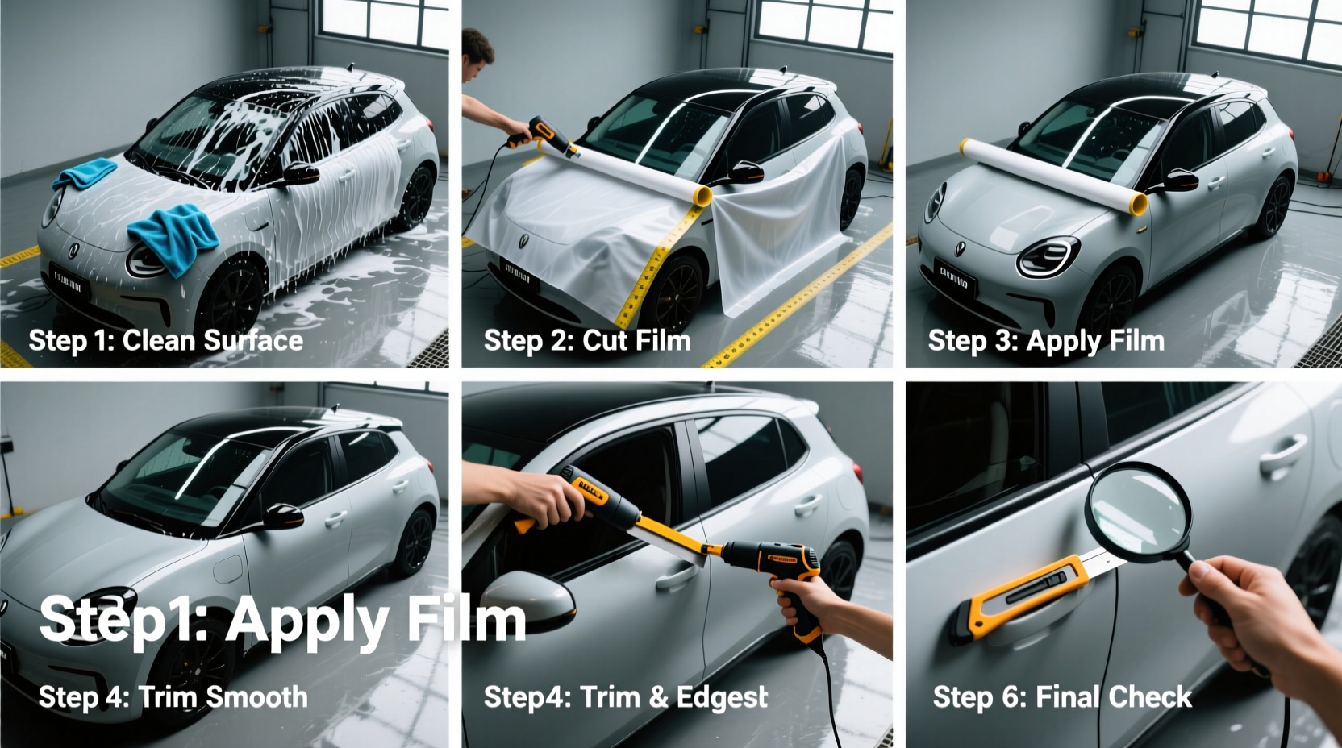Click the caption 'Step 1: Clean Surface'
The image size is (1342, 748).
pos(165,341)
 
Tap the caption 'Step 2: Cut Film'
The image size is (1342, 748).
pos(587,341)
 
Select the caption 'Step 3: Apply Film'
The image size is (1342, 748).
pos(1045,341)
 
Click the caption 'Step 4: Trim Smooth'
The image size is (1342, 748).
pos(173,697)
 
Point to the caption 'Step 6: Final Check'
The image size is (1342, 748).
pos(1062,697)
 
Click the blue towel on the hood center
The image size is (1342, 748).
pos(84,172)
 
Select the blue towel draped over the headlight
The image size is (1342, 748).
pos(174,233)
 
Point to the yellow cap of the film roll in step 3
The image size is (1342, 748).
pos(1138,205)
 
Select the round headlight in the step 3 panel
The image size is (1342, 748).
pos(1048,257)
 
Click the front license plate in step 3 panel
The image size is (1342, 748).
pos(956,279)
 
